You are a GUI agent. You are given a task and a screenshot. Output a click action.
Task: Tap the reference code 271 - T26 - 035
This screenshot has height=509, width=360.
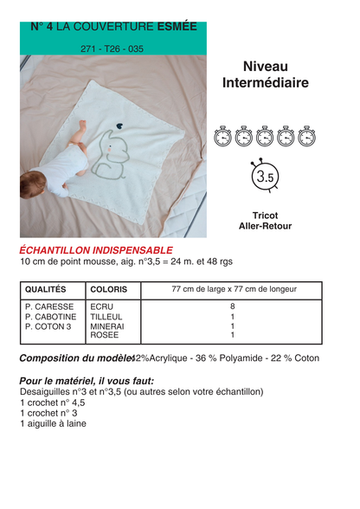(x=112, y=49)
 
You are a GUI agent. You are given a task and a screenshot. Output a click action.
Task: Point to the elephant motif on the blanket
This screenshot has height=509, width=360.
(x=116, y=156)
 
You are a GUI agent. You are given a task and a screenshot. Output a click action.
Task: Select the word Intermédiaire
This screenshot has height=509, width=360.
(x=265, y=83)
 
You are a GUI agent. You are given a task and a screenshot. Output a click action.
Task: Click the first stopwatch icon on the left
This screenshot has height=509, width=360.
(x=223, y=137)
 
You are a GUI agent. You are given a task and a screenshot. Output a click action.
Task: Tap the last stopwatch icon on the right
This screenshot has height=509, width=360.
(x=306, y=137)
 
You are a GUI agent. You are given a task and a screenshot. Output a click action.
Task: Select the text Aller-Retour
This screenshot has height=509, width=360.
(x=265, y=225)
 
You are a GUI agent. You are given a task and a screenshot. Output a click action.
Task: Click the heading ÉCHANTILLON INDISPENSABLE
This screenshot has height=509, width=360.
(x=96, y=249)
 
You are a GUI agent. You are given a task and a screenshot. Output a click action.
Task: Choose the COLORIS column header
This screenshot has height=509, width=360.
(x=108, y=289)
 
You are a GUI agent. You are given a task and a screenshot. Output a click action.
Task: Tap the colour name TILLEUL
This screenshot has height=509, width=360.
(x=106, y=316)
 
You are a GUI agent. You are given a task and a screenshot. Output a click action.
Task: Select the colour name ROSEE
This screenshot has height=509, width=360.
(x=104, y=335)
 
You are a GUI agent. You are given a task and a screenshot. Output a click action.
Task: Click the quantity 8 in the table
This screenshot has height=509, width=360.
(x=233, y=306)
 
